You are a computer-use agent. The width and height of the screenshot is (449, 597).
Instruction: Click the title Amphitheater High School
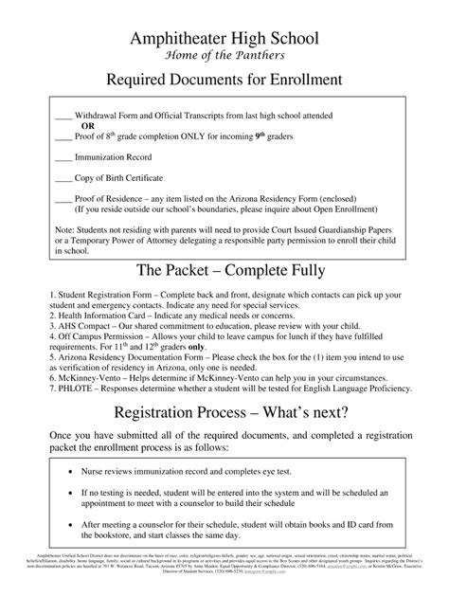tap(224, 38)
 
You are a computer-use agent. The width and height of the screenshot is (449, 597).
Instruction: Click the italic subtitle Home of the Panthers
tap(224, 54)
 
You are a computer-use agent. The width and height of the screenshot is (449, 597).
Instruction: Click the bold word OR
tap(87, 124)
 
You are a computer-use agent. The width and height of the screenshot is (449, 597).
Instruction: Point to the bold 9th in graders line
tap(261, 135)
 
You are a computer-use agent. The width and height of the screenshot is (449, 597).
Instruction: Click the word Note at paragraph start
tap(64, 230)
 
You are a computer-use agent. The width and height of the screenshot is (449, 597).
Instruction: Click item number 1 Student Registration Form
tap(83, 296)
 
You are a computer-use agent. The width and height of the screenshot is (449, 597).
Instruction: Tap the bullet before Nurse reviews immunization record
tap(73, 469)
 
